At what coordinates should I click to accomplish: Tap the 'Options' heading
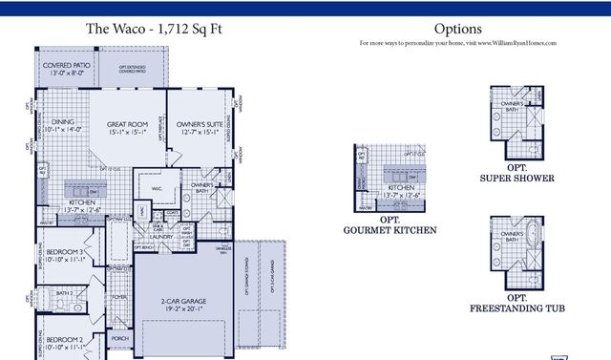457,30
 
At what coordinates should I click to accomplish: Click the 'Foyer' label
119,296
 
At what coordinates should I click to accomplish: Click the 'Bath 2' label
64,293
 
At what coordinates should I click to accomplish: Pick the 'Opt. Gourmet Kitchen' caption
390,226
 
